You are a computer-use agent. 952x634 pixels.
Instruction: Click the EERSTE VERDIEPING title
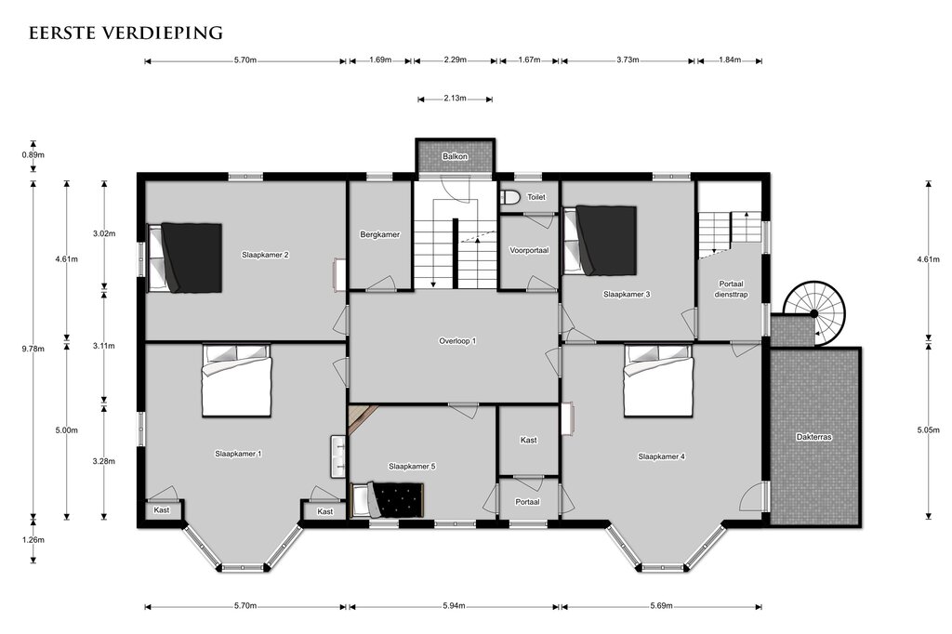tap(126, 33)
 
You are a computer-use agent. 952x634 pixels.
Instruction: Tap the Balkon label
tap(455, 157)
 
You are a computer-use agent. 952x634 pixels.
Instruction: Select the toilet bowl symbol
tap(510, 197)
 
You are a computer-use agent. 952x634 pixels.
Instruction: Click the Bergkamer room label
tap(380, 234)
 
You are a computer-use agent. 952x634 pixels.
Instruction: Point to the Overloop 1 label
tap(457, 341)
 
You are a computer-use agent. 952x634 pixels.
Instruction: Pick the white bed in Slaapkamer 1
tap(237, 381)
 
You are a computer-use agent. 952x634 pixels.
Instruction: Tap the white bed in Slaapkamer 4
tap(659, 381)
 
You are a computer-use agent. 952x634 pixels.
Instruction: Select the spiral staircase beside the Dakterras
tap(814, 313)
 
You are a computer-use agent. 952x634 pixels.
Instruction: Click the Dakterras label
tap(813, 437)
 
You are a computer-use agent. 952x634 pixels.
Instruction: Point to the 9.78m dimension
tap(33, 350)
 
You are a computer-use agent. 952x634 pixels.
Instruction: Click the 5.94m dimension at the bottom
tap(454, 606)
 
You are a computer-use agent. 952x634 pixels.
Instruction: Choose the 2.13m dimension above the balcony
tap(455, 99)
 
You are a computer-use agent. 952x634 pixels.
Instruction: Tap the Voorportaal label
tap(529, 250)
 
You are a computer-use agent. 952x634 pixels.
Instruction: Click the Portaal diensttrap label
tap(731, 289)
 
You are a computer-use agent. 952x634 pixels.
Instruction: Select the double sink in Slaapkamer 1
tap(338, 456)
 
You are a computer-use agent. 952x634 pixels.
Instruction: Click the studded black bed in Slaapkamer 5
tap(388, 500)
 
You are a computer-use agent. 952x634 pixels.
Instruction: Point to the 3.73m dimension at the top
tap(628, 59)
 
